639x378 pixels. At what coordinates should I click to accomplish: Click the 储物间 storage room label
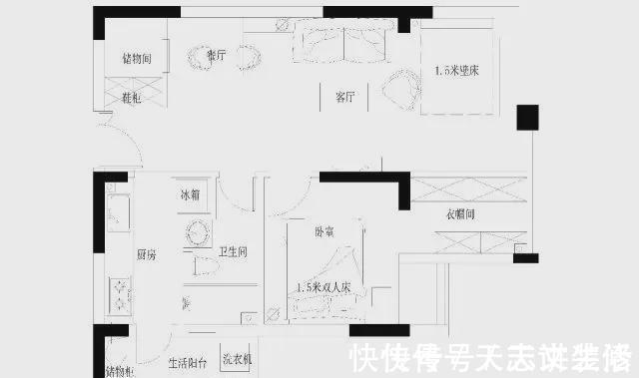136,58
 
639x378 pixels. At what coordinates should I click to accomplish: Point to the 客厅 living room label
345,97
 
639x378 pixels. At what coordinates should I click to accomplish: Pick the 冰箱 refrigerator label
190,194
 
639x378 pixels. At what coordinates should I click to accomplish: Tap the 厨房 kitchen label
147,255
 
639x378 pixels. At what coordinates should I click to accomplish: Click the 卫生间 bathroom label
233,251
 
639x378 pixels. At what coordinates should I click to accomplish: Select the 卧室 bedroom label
324,232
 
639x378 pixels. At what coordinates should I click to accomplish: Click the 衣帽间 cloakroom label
460,215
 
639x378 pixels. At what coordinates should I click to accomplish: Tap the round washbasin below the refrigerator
196,234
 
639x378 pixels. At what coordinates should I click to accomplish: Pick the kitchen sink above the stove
117,210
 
